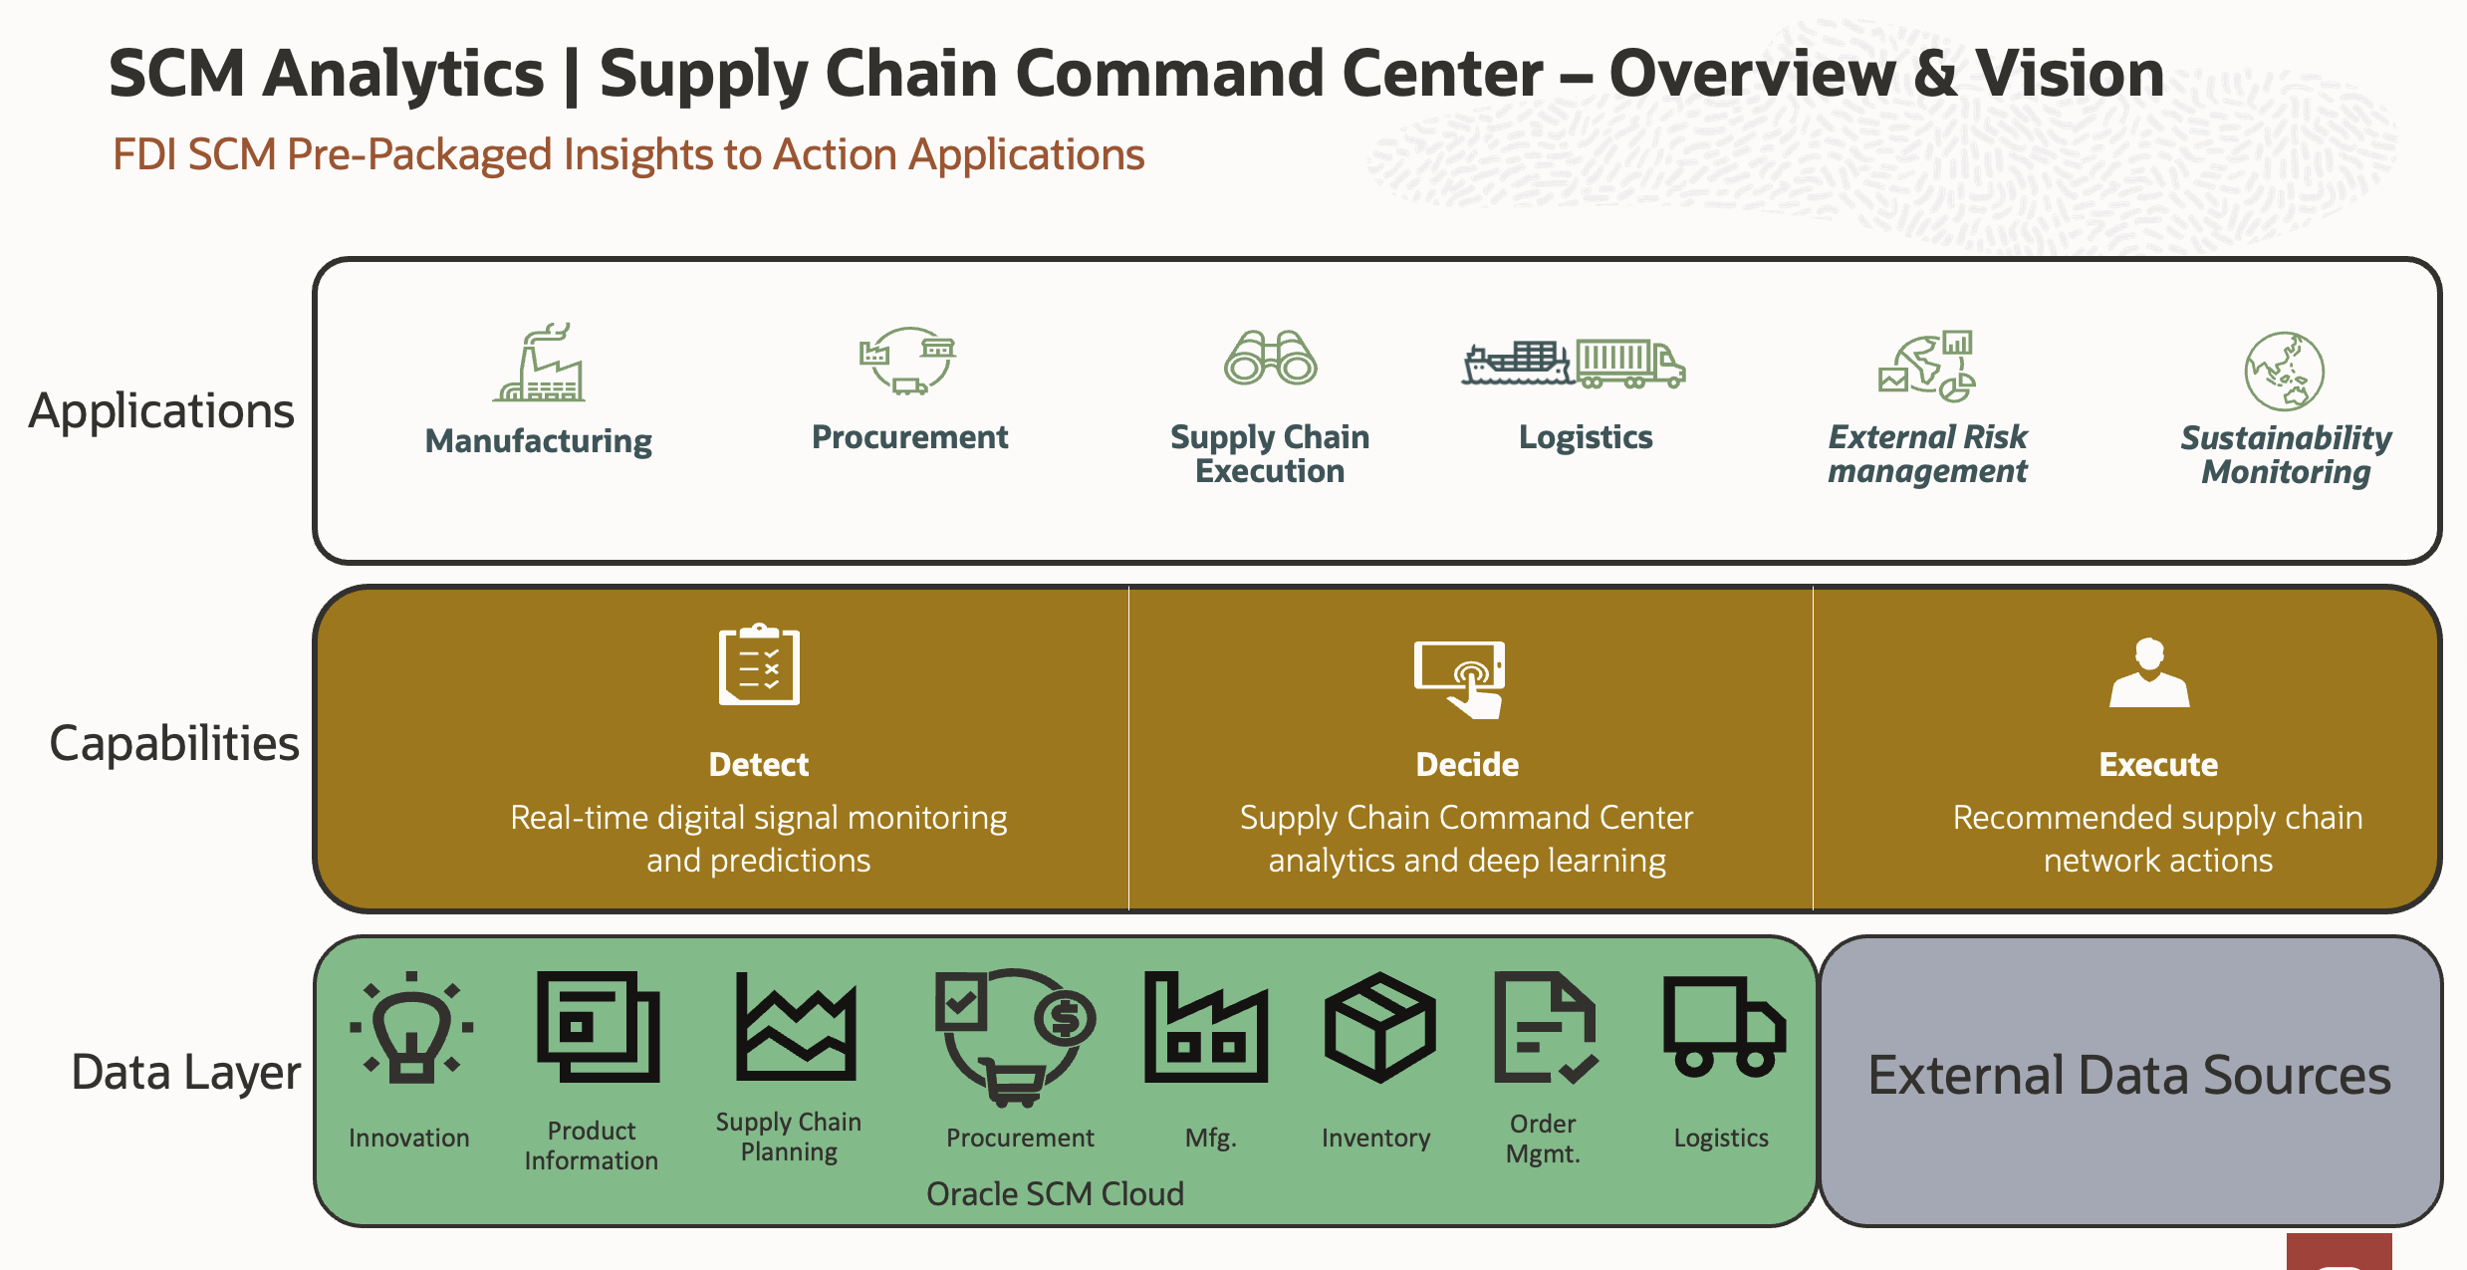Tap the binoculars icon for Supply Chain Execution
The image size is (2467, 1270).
tap(1270, 357)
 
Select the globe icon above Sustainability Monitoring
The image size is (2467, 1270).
tap(2285, 371)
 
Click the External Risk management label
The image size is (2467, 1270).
tap(1927, 453)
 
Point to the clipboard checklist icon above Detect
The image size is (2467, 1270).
tap(759, 664)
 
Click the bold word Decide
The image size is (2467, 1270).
tap(1467, 764)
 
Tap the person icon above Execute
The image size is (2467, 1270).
tap(2149, 672)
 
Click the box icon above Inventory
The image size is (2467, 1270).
tap(1379, 1027)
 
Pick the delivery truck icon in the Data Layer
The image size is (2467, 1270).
tap(1723, 1027)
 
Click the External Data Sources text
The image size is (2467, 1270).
tap(2128, 1075)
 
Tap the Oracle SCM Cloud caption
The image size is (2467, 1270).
tap(1055, 1193)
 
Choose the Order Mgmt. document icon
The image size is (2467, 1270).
tap(1546, 1027)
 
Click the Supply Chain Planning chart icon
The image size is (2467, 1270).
tap(796, 1026)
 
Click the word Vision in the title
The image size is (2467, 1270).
tap(2069, 74)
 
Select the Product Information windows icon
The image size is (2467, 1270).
tap(598, 1027)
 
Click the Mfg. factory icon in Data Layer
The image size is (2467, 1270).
tap(1206, 1027)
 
